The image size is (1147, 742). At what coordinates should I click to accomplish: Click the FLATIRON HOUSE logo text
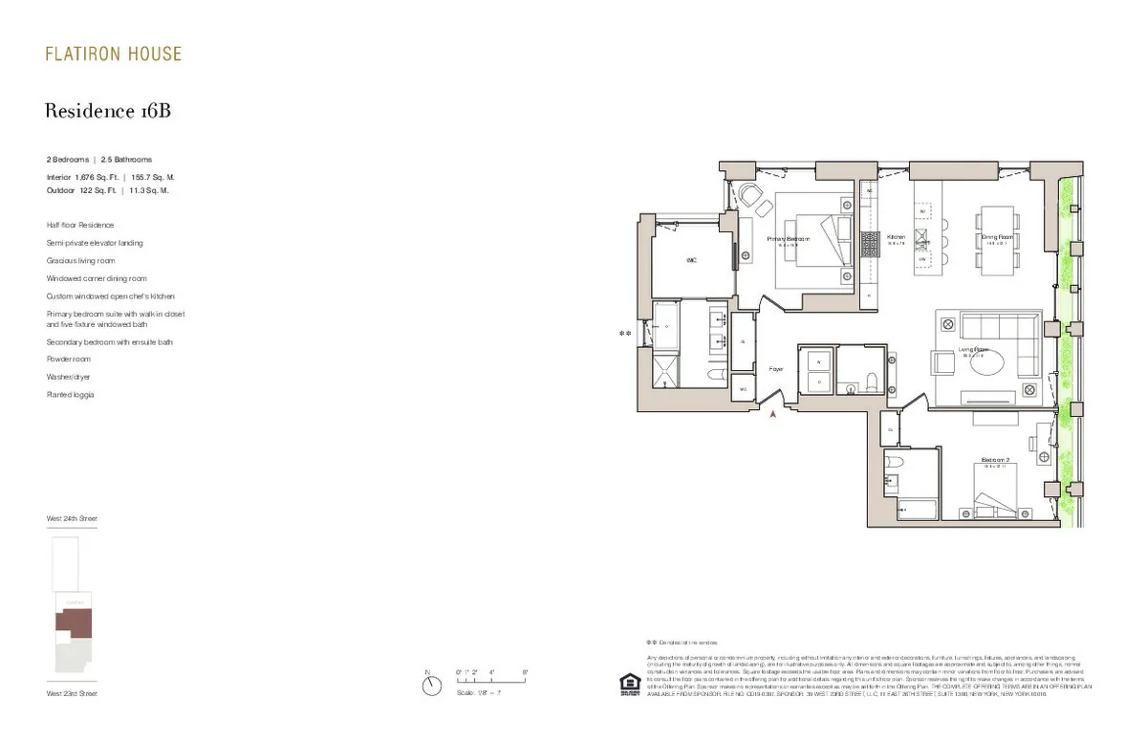(113, 54)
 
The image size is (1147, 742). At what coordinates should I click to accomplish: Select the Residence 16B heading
(108, 112)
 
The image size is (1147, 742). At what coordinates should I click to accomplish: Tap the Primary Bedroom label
(789, 239)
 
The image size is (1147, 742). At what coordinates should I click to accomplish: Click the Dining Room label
(996, 237)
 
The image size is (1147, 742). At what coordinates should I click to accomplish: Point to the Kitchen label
(896, 237)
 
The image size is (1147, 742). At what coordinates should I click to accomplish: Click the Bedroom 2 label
(995, 460)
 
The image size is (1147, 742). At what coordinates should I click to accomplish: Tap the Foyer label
(776, 368)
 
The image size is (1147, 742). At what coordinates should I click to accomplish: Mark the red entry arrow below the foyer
(774, 414)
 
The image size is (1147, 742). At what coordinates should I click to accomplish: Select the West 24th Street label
(72, 518)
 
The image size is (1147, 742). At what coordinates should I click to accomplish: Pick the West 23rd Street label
(72, 693)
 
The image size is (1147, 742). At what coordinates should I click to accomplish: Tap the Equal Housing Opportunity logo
(629, 685)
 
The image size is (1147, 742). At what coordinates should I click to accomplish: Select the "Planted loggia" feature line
(71, 394)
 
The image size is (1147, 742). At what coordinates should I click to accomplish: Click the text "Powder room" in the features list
(69, 359)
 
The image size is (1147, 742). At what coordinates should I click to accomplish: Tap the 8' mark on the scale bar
(525, 673)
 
